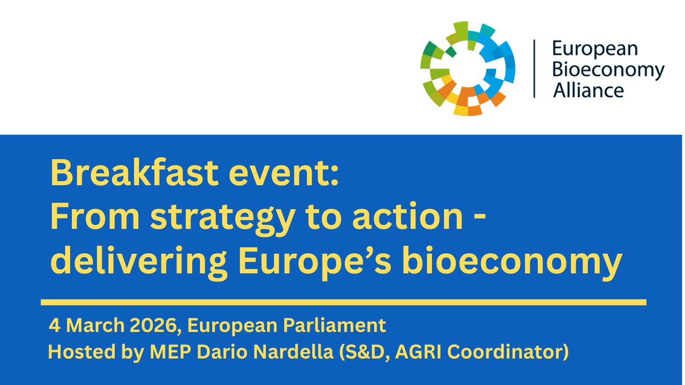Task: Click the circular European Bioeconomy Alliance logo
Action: pos(468,68)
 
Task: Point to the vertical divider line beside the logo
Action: pos(534,68)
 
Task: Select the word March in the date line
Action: pos(92,327)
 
